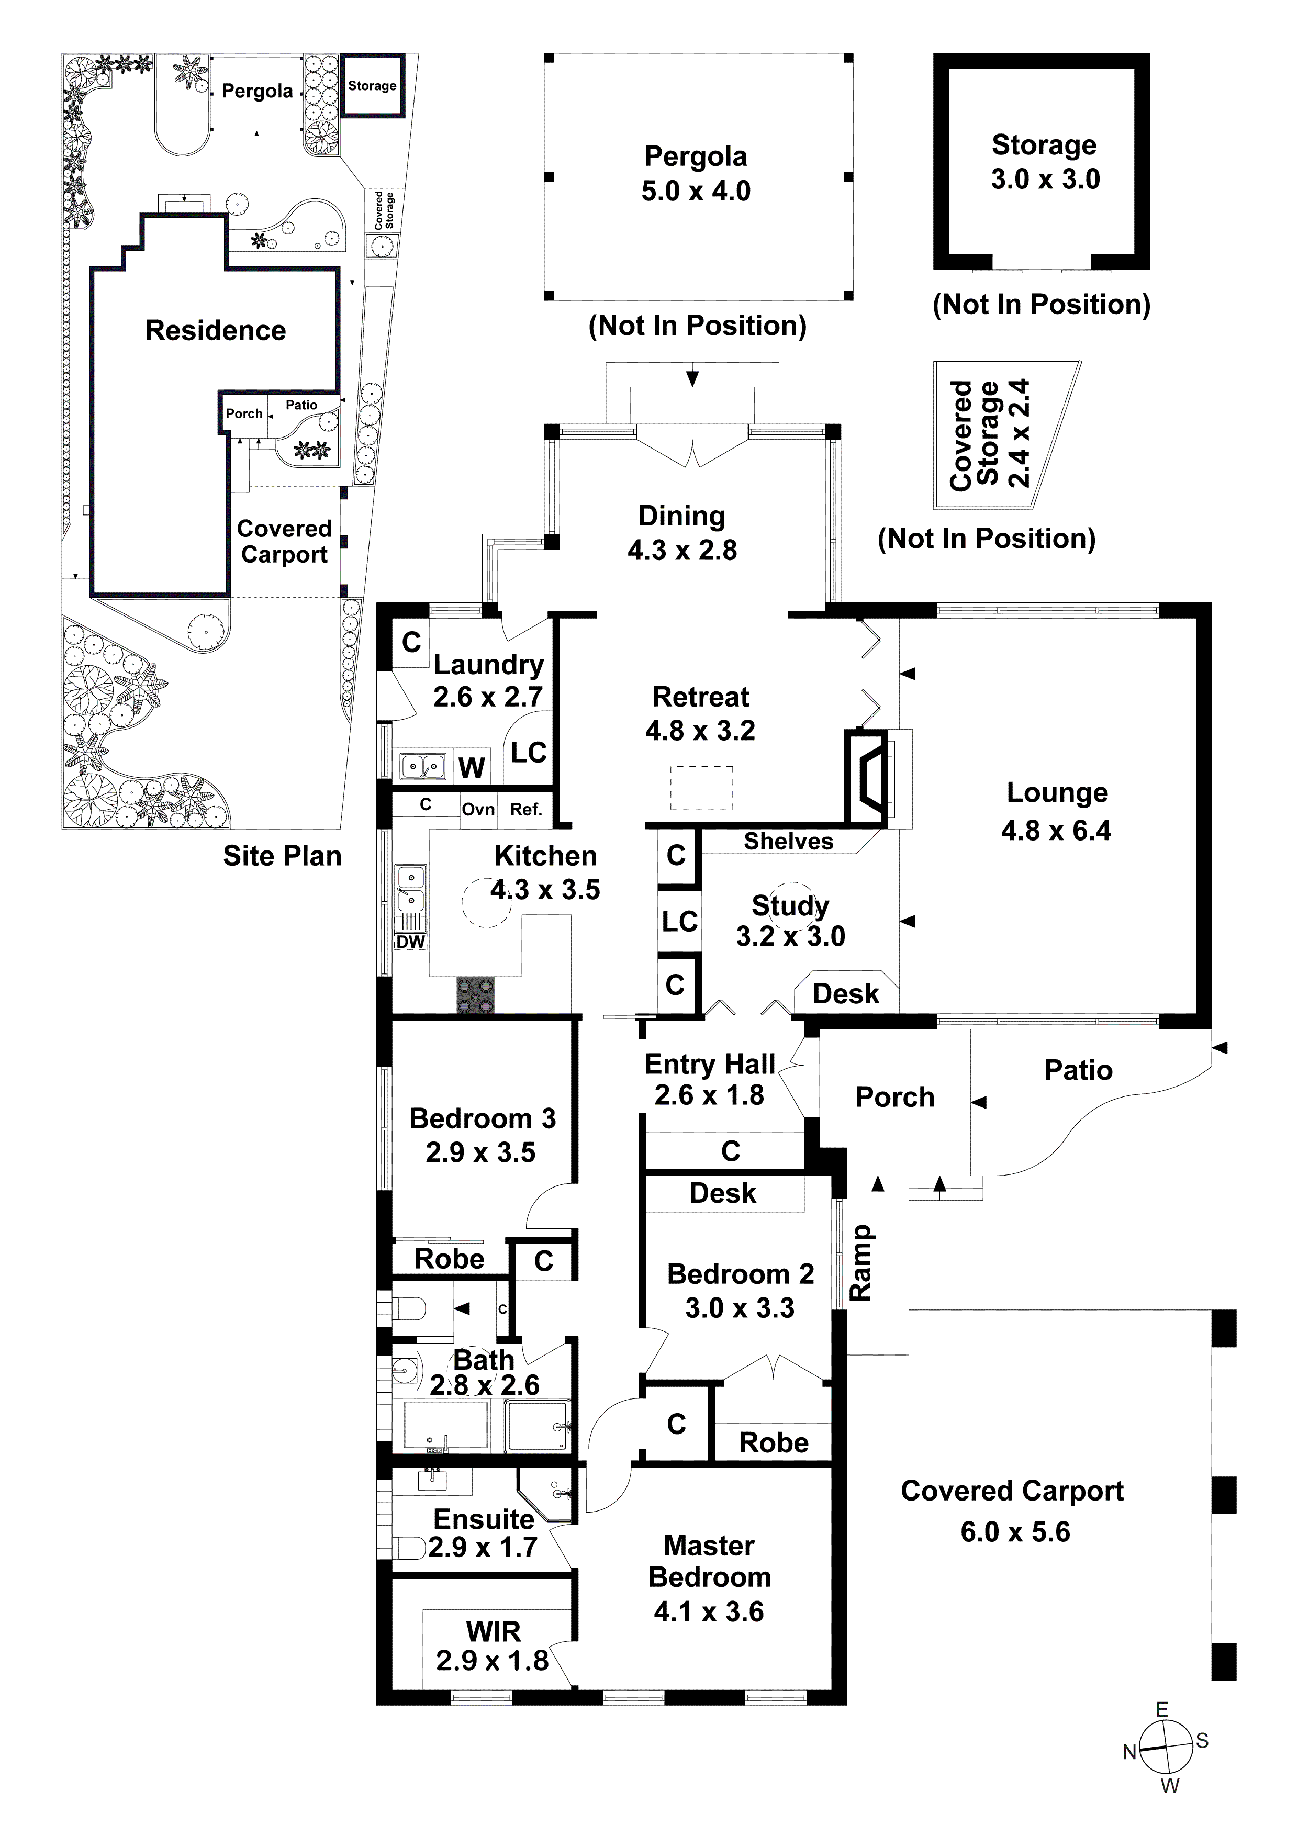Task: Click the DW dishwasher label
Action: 410,942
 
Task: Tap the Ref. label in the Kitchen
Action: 526,809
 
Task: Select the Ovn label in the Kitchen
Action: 478,809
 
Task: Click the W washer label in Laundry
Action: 471,768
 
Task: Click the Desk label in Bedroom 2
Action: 722,1193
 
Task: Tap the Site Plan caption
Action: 282,856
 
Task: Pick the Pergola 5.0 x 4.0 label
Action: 696,174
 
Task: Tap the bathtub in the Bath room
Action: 445,1425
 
